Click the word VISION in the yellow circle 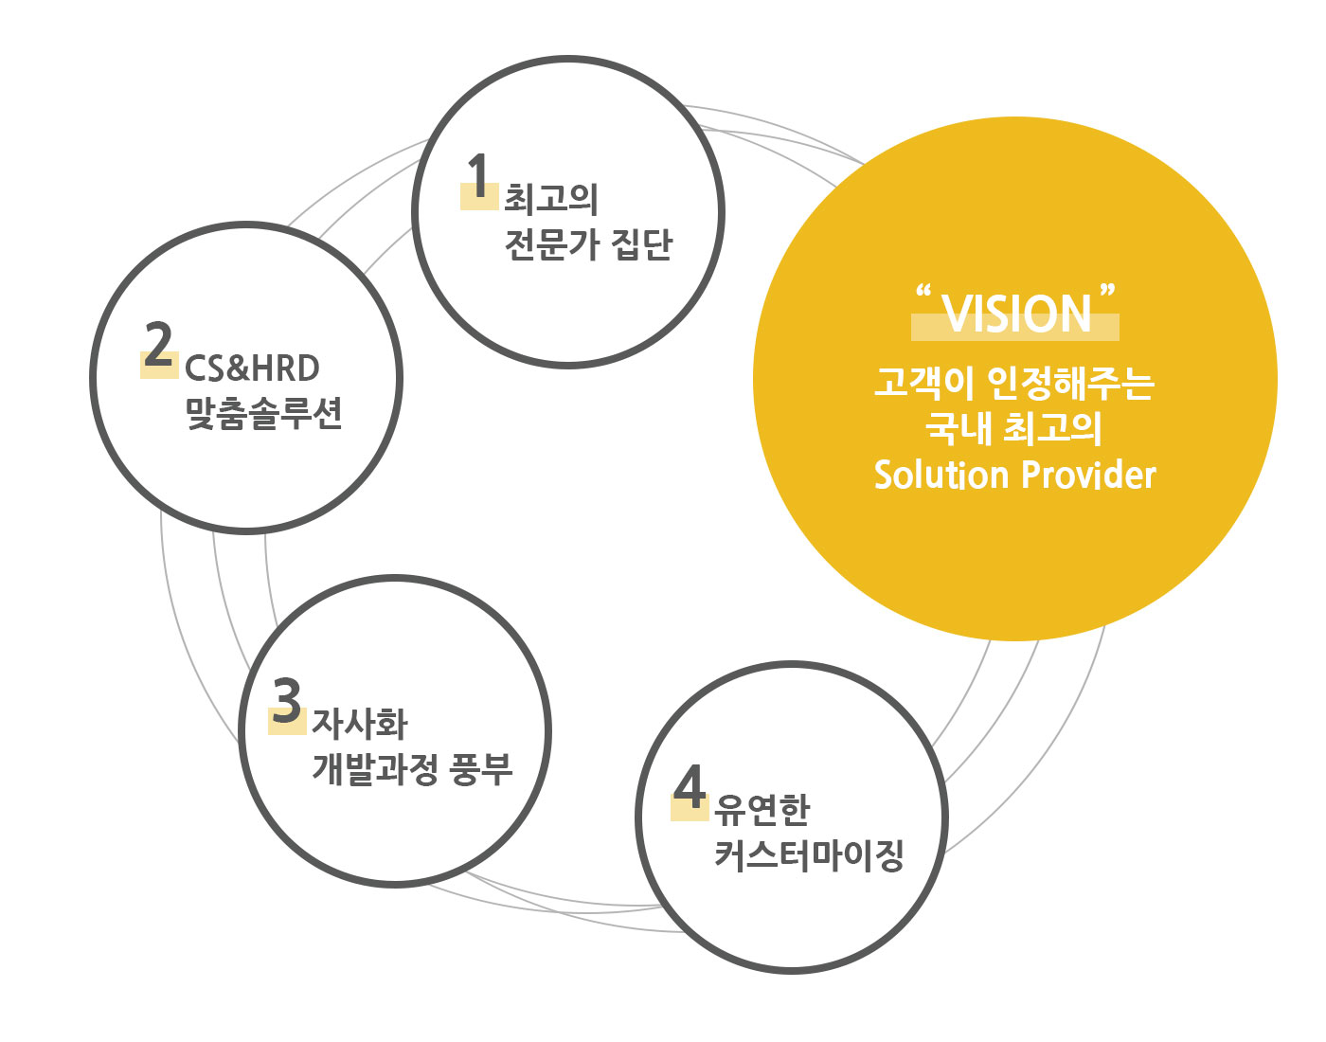[x=1017, y=314]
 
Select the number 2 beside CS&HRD [x=159, y=344]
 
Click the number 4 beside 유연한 [x=690, y=787]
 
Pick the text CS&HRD [x=252, y=368]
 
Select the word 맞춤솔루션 [x=263, y=413]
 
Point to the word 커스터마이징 [x=809, y=854]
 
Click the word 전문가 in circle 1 [x=552, y=244]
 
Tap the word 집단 [x=642, y=244]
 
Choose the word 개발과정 [x=374, y=768]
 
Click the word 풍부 [x=480, y=768]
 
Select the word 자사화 [x=360, y=724]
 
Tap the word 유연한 [x=762, y=810]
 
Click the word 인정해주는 [x=1070, y=383]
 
